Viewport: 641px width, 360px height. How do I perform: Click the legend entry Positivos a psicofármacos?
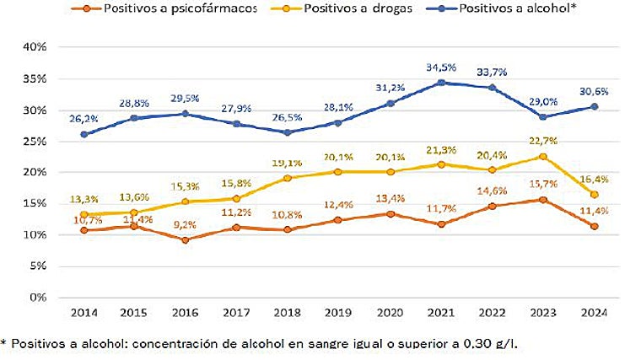[x=169, y=9]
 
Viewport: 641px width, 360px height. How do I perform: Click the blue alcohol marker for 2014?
[x=84, y=134]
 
